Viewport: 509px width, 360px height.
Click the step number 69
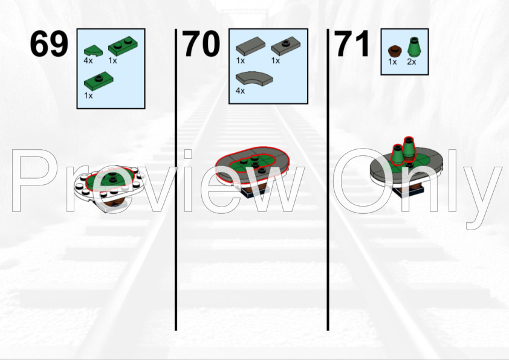coord(49,43)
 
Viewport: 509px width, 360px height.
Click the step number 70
coord(201,43)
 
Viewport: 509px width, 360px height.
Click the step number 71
coord(352,43)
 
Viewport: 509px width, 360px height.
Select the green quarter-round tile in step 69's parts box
coord(93,51)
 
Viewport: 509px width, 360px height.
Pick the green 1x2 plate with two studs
coord(123,45)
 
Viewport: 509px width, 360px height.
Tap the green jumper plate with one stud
coord(99,80)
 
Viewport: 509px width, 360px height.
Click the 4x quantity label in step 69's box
coord(88,60)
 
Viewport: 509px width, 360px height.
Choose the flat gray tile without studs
coord(250,45)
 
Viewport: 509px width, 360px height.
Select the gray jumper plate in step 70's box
coord(286,46)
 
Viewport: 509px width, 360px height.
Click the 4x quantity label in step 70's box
coord(240,91)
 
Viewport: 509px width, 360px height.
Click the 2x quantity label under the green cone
coord(412,62)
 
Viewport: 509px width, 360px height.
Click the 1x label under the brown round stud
coord(392,62)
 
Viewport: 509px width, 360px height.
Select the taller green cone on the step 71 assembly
coord(409,149)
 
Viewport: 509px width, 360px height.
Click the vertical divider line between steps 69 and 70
coord(176,179)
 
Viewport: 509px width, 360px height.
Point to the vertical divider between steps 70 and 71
coord(328,179)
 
